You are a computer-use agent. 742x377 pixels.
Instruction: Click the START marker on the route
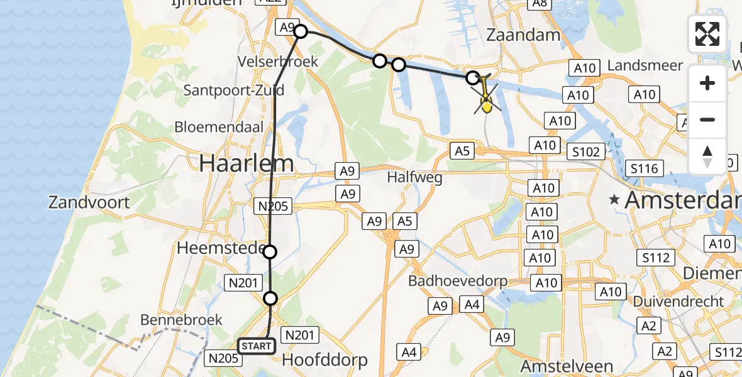(x=257, y=346)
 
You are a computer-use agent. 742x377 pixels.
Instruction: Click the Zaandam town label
(x=524, y=35)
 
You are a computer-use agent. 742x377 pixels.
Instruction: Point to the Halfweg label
(x=414, y=177)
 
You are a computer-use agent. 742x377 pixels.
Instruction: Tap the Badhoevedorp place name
(x=458, y=280)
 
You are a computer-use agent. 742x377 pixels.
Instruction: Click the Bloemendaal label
(x=228, y=126)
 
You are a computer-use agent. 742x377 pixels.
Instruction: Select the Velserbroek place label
(x=278, y=62)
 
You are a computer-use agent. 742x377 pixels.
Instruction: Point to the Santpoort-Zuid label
(x=234, y=90)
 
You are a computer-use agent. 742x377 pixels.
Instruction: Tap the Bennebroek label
(x=182, y=320)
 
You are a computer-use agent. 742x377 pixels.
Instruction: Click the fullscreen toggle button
(x=707, y=33)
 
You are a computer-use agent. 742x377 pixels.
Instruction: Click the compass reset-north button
(x=707, y=156)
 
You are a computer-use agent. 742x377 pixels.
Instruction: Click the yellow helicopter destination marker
(x=486, y=103)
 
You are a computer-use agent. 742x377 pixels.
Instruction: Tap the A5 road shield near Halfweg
(x=460, y=150)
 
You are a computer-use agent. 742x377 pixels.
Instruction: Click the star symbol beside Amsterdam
(x=614, y=200)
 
